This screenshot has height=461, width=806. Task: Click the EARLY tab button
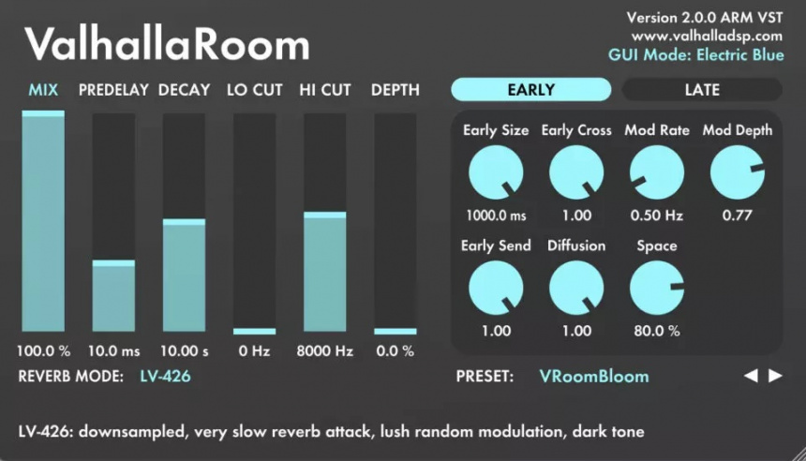530,90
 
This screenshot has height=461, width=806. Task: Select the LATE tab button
701,90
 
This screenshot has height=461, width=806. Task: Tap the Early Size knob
495,174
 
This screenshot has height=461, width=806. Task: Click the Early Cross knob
576,174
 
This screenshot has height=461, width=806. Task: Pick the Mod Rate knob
657,174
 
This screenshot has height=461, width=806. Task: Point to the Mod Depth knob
738,174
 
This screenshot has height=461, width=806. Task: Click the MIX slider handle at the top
43,113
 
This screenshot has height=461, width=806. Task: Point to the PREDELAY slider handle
113,263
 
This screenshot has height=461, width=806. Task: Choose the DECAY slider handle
184,222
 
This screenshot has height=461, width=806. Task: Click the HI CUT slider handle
325,216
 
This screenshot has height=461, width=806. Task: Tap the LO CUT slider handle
255,331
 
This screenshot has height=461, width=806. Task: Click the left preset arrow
751,376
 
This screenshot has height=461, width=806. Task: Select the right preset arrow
775,376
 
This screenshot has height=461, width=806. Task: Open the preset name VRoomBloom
593,377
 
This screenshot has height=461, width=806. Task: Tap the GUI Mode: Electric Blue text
695,54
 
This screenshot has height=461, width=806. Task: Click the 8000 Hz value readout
325,351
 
